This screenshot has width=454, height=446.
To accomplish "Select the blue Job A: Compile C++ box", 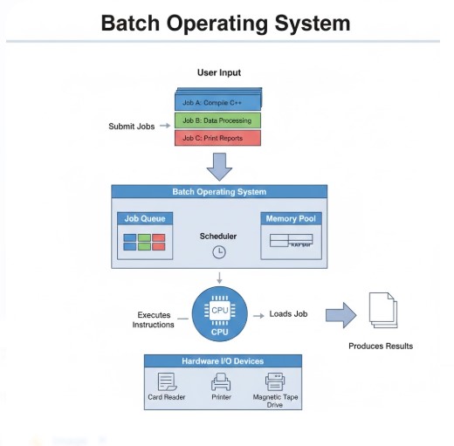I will point(217,102).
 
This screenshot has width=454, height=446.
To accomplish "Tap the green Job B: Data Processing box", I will point(217,120).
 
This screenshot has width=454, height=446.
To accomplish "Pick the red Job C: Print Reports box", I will point(217,138).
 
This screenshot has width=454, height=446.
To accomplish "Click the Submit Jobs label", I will point(132,127).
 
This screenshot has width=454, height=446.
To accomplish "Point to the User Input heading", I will point(219,72).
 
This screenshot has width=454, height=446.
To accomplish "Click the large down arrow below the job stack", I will point(219,165).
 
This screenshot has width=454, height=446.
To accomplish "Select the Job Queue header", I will point(145,218).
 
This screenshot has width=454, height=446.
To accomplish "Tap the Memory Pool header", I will point(290,218).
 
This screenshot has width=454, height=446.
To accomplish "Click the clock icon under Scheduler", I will point(219,252).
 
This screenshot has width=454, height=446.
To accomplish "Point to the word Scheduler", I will point(218,236).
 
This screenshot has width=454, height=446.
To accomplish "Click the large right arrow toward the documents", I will point(340,315).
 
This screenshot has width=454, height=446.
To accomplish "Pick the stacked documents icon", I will point(382,310).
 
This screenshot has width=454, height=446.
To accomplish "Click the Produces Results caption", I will point(381,346).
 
